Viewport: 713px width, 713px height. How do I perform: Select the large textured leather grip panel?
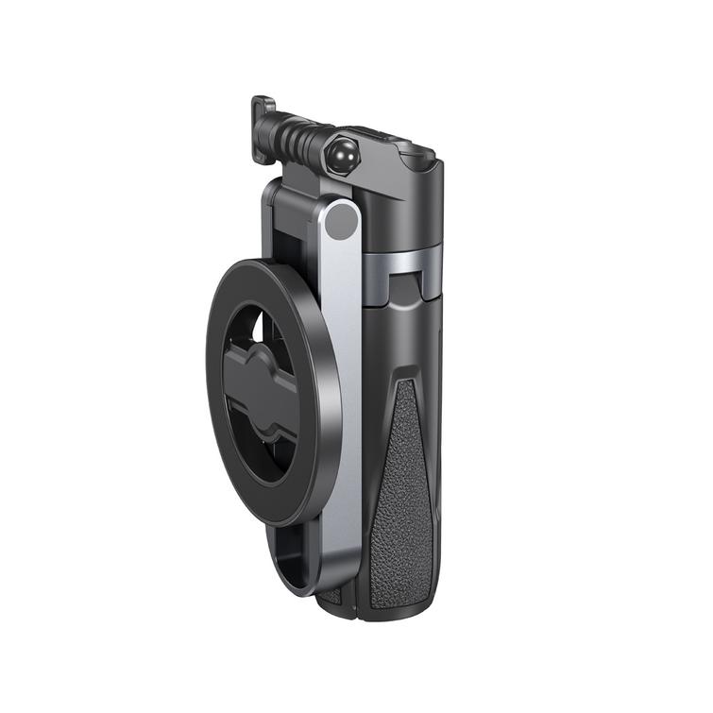coord(405,491)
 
